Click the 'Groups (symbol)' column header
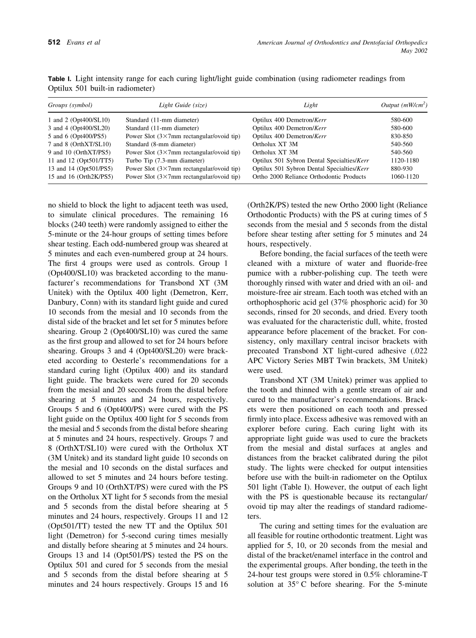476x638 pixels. [70, 105]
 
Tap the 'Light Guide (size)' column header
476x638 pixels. [183, 105]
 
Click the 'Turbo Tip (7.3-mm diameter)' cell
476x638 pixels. [165, 160]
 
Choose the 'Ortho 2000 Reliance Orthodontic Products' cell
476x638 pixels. [309, 176]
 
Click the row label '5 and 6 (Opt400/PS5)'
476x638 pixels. [78, 136]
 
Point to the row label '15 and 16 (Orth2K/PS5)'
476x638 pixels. [80, 176]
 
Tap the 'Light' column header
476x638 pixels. [311, 105]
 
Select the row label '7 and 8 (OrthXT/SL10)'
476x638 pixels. [79, 144]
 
